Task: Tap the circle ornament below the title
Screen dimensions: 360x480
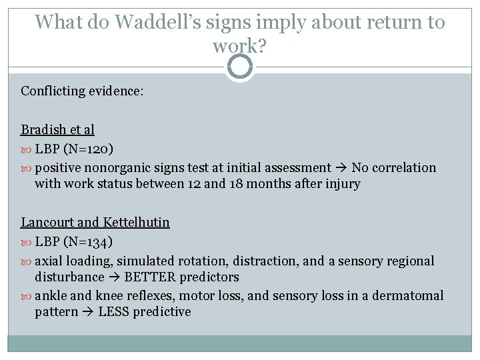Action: coord(240,67)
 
